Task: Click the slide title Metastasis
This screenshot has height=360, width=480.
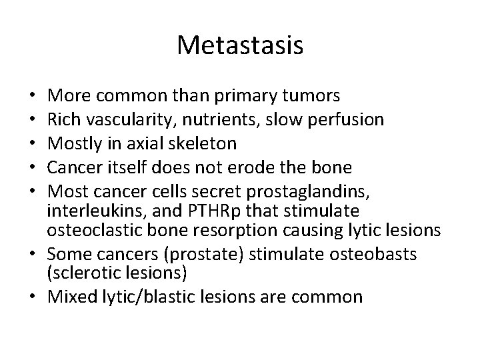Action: tap(240, 45)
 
